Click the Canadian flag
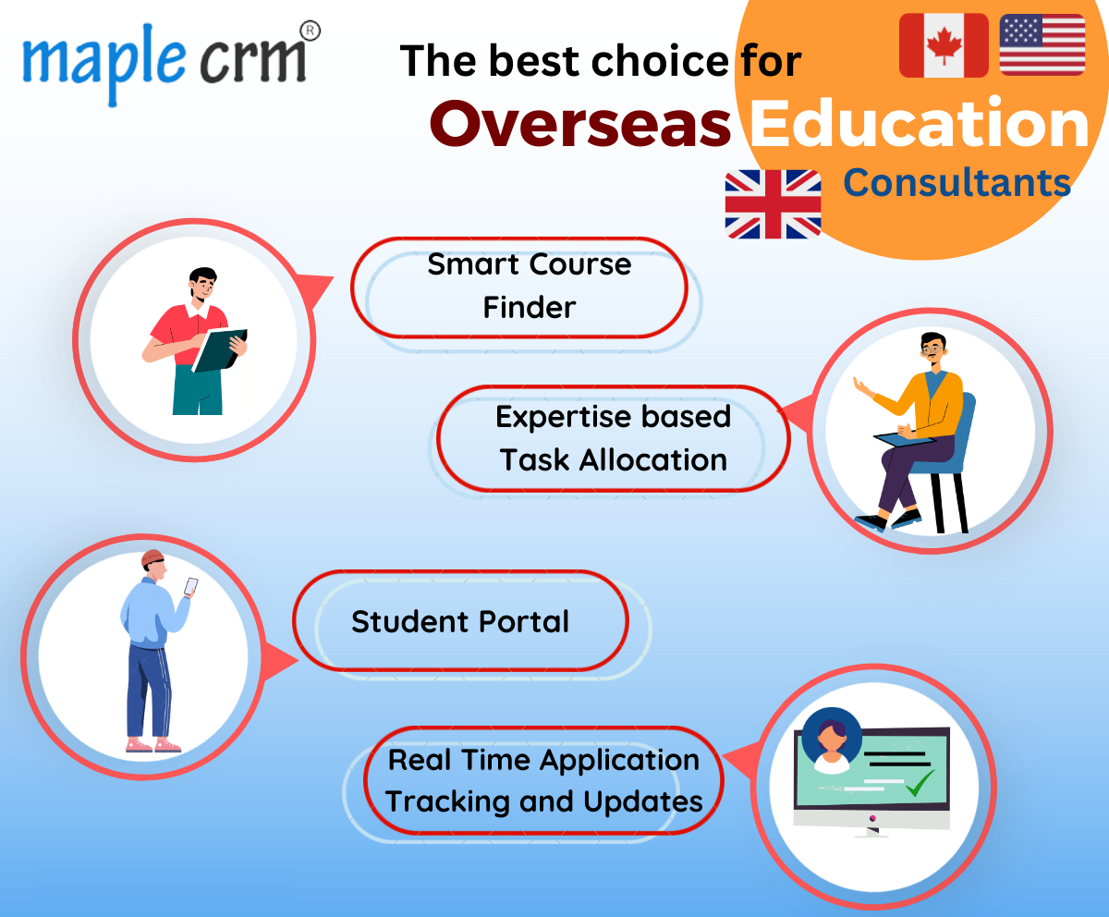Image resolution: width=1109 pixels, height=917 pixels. (943, 45)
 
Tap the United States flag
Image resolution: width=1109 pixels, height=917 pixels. (1042, 45)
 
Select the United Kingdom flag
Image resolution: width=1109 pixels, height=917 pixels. (773, 204)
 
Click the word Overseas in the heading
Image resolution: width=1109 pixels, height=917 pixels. (580, 126)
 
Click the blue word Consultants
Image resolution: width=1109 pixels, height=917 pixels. (957, 183)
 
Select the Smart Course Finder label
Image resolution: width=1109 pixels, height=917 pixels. (529, 286)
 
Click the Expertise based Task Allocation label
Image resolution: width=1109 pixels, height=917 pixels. (613, 438)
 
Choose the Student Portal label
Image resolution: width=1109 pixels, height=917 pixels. (460, 621)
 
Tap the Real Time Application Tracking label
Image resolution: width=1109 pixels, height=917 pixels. (543, 780)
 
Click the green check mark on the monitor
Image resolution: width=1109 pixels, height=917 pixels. (920, 784)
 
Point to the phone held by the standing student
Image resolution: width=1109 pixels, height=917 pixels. (190, 586)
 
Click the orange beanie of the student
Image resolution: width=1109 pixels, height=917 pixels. (152, 558)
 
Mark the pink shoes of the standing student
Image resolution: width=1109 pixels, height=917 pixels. (153, 744)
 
